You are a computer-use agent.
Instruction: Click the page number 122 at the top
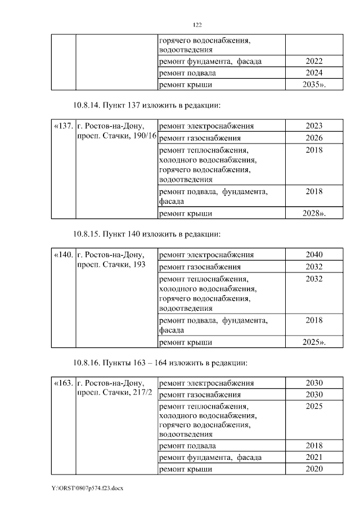197,25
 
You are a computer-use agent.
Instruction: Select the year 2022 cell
314,61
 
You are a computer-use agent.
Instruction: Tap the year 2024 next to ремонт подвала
314,73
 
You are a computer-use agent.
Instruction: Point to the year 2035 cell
314,85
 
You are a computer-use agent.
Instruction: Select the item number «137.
63,126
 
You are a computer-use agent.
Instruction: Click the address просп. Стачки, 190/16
116,137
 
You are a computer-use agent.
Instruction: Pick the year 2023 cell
314,126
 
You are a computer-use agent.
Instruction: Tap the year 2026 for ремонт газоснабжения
314,138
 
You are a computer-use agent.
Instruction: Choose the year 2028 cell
314,213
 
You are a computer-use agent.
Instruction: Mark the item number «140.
63,255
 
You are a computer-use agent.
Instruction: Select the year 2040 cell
314,255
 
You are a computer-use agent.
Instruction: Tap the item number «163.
63,383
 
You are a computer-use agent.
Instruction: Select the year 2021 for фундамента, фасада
314,457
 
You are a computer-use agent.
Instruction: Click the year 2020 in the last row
314,469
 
